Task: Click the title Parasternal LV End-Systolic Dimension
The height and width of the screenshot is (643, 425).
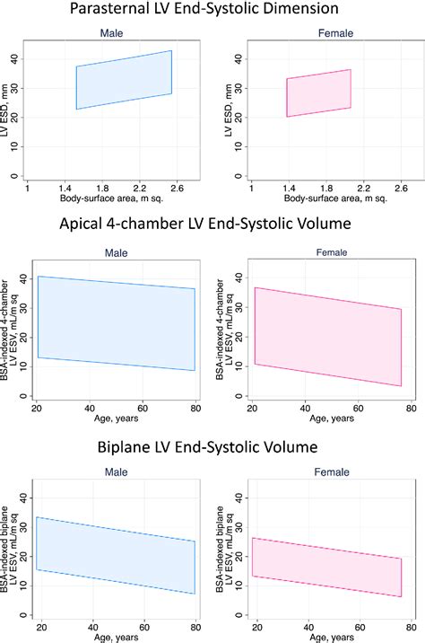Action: [x=212, y=12]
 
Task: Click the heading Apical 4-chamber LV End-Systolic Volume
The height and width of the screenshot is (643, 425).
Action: [x=212, y=225]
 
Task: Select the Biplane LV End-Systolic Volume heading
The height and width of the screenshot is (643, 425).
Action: [x=212, y=447]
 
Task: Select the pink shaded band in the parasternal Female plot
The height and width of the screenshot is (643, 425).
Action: [x=318, y=92]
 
